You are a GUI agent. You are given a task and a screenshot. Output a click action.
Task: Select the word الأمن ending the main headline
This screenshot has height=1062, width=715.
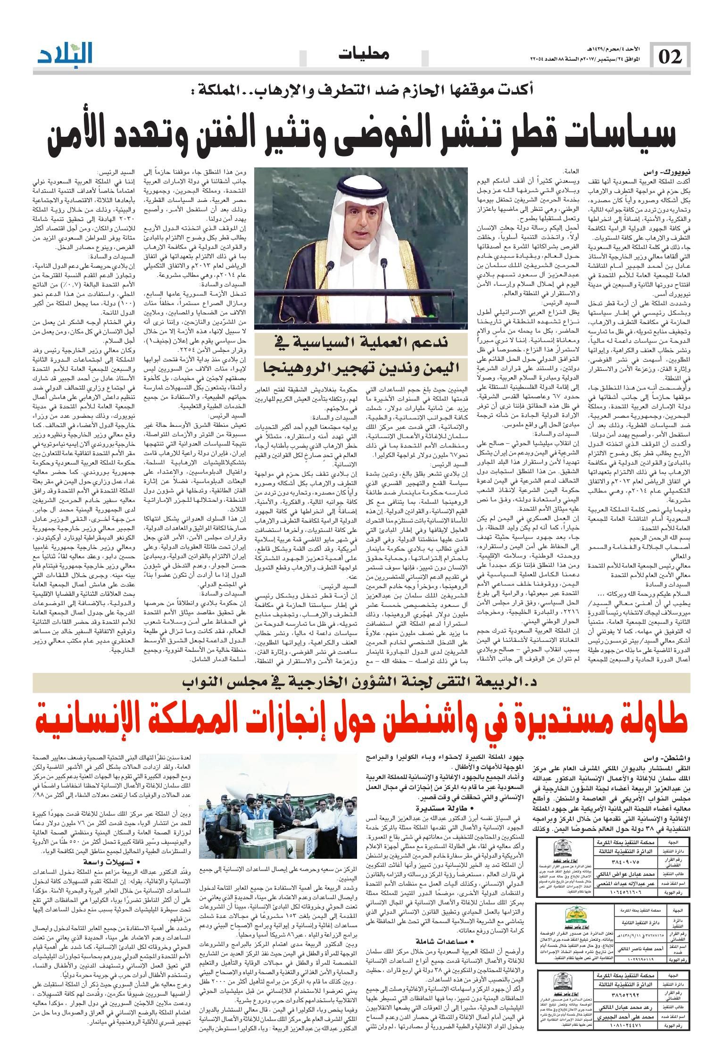[79, 136]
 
